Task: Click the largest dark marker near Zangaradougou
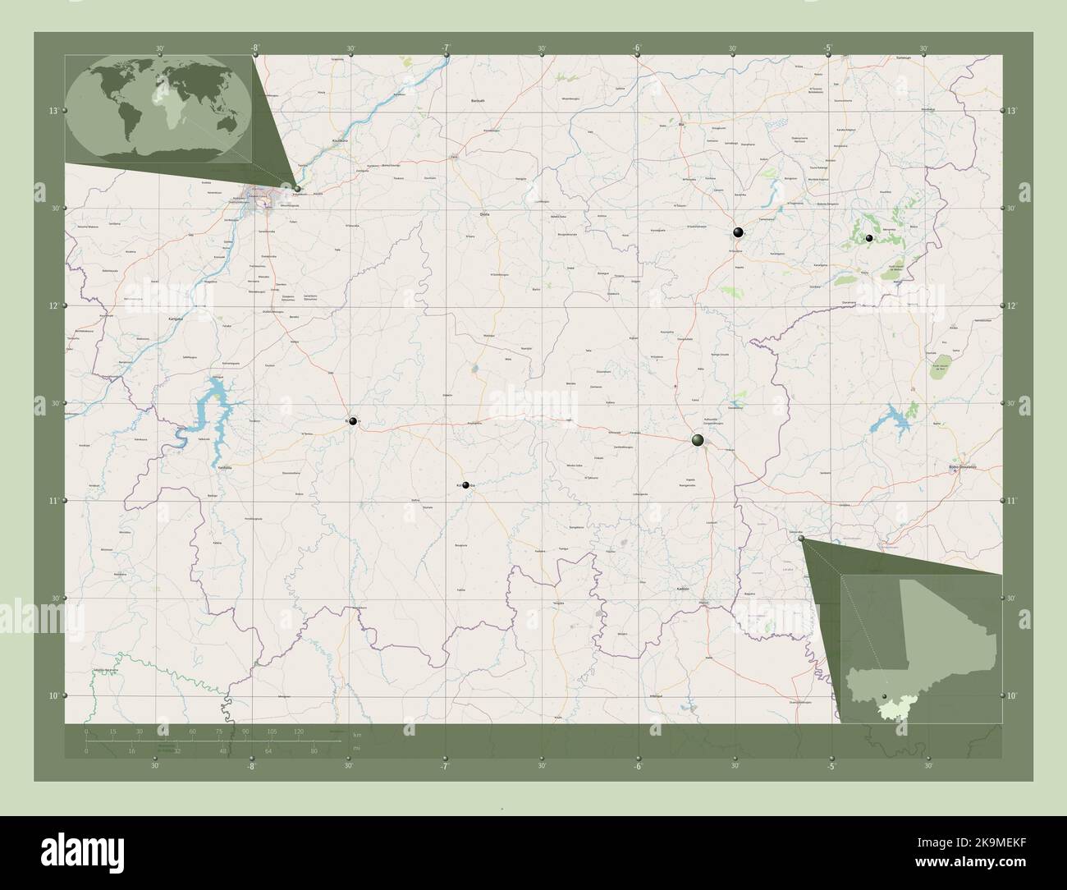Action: click(x=698, y=441)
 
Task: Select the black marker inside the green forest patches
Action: click(x=869, y=238)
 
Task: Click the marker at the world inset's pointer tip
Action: click(x=298, y=188)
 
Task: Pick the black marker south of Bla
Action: click(x=738, y=232)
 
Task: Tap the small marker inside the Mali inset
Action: click(x=883, y=698)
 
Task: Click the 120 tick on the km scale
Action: click(x=299, y=731)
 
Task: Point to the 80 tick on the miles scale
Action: click(x=314, y=750)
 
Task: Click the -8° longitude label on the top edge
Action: click(x=255, y=48)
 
